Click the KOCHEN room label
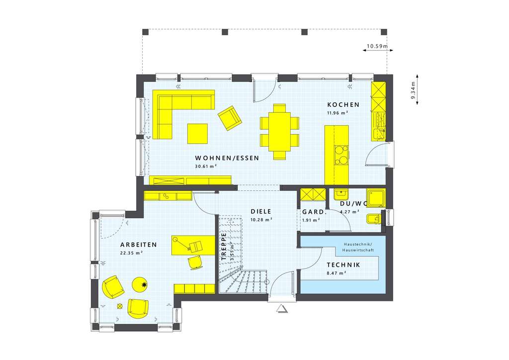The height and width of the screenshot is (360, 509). tap(343, 105)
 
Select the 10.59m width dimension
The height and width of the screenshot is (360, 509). tap(377, 47)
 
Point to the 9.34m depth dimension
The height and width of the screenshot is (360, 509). tap(413, 90)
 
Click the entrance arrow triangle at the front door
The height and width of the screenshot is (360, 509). tap(282, 309)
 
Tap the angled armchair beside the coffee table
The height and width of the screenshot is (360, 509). tap(229, 118)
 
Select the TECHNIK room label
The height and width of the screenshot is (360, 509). tap(343, 265)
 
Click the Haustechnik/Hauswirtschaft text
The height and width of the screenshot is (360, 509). tap(357, 247)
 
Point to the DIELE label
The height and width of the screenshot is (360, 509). tap(261, 211)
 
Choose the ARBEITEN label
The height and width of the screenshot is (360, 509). tap(139, 245)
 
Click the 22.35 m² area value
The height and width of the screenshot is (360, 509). tap(132, 253)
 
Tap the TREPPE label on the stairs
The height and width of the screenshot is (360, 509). tap(224, 246)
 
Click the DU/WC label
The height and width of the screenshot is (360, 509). tap(353, 204)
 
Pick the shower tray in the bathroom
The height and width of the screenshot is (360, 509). tap(376, 197)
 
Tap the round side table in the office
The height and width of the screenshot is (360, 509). tap(141, 284)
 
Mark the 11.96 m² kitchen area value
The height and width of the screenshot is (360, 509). tap(337, 113)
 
